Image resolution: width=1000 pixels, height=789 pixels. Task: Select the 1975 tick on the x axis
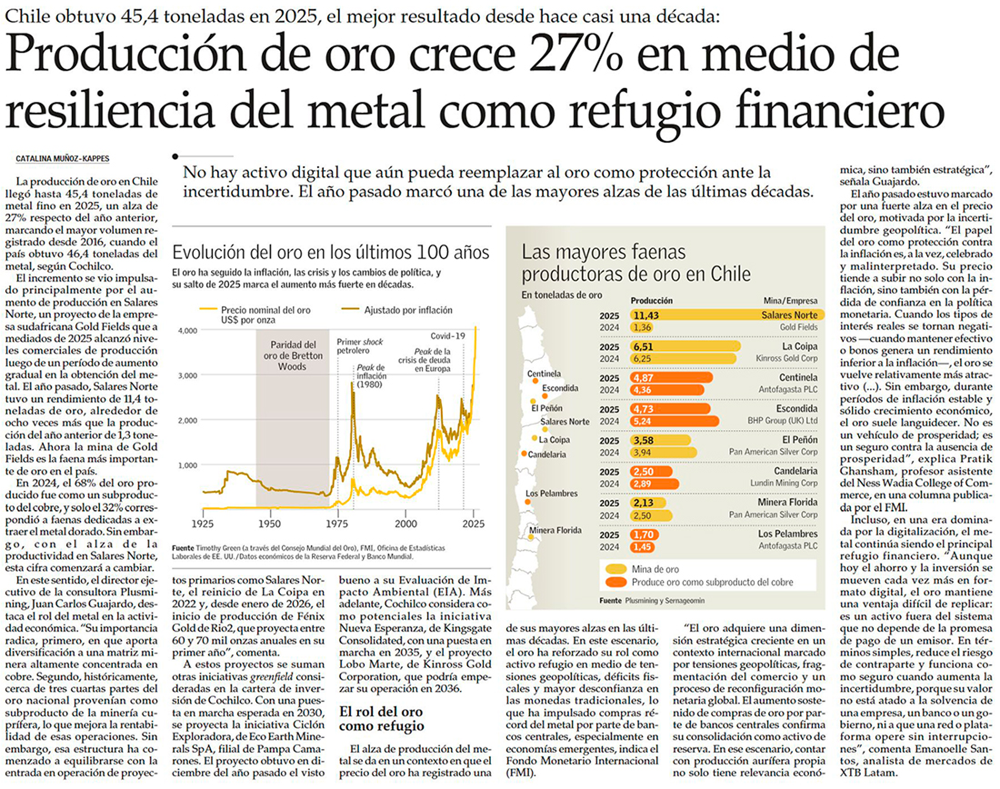click(x=338, y=525)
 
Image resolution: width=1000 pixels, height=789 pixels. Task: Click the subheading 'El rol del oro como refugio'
click(x=382, y=720)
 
